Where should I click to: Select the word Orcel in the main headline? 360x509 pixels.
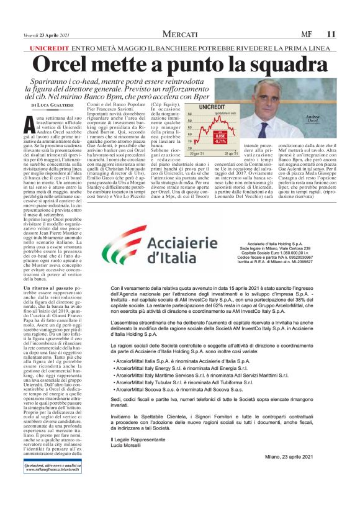point(68,65)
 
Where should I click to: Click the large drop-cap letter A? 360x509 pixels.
point(27,123)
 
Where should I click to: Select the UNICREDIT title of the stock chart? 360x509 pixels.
point(211,107)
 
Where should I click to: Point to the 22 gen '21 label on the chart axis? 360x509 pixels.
point(198,153)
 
